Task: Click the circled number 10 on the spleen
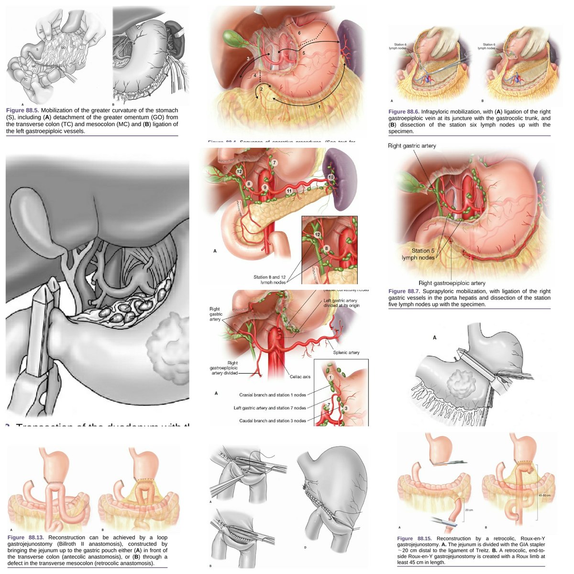pyautogui.click(x=331, y=177)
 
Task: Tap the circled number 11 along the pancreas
pyautogui.click(x=289, y=191)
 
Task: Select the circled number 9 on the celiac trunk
pyautogui.click(x=264, y=187)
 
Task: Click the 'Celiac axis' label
pyautogui.click(x=300, y=376)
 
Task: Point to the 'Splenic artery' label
pyautogui.click(x=346, y=353)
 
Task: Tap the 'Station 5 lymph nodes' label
pyautogui.click(x=418, y=254)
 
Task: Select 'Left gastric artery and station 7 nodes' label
pyautogui.click(x=269, y=408)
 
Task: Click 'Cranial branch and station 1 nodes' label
pyautogui.click(x=272, y=395)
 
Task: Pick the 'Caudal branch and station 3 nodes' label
pyautogui.click(x=273, y=421)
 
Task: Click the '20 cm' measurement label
pyautogui.click(x=469, y=510)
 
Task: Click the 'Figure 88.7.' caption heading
pyautogui.click(x=404, y=291)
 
